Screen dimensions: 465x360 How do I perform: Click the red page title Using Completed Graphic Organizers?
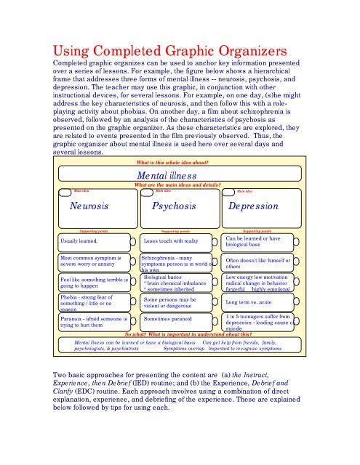(x=179, y=53)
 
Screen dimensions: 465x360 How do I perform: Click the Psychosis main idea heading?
(x=179, y=206)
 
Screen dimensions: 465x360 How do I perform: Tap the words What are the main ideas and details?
(x=179, y=186)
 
